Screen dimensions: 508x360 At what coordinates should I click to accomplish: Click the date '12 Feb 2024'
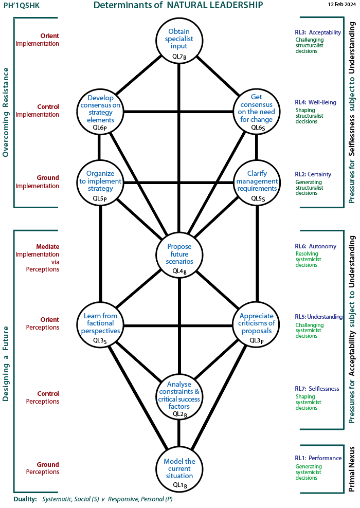[x=341, y=4]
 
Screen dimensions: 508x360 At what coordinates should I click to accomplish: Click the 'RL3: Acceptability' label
[x=317, y=32]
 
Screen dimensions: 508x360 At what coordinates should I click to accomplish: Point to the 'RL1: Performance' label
[x=318, y=458]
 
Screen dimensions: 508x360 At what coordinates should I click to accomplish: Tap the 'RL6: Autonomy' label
[x=315, y=246]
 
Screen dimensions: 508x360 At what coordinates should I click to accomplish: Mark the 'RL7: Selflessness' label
[x=317, y=389]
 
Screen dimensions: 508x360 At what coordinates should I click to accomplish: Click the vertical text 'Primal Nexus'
[x=352, y=469]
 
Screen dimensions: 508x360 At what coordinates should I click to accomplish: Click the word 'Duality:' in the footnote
[x=24, y=499]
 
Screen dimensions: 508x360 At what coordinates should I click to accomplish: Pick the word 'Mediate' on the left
[x=48, y=247]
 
